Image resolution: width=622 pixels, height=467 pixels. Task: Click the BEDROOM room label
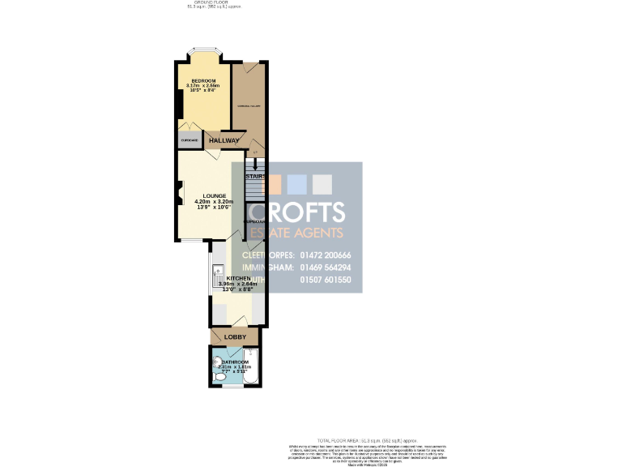[203, 80]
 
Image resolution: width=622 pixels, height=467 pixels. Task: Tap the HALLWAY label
[224, 140]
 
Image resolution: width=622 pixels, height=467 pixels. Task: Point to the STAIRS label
[256, 176]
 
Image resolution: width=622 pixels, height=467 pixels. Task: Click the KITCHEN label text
[239, 278]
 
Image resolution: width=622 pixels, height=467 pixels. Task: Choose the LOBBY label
[234, 336]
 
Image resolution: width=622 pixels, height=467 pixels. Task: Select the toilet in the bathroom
[219, 377]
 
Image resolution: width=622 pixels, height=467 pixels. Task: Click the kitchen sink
[215, 275]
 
